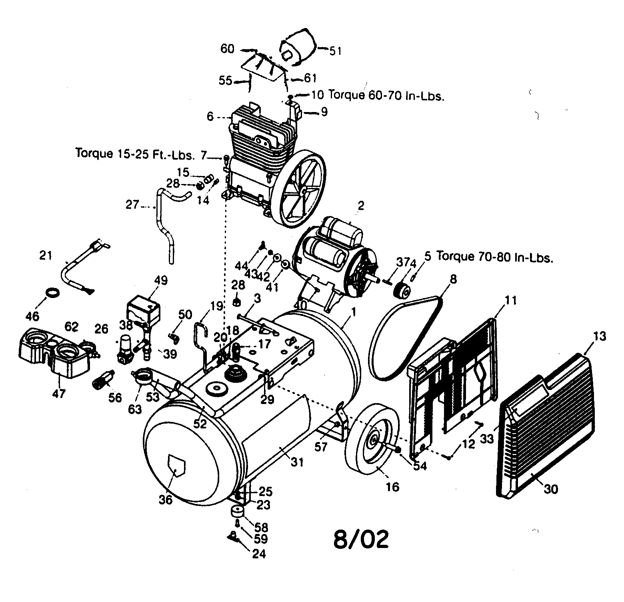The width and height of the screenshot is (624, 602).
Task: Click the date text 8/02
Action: pos(361,539)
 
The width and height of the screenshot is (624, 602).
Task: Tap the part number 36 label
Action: pos(166,499)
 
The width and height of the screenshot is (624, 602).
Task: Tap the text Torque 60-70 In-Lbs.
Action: pos(386,96)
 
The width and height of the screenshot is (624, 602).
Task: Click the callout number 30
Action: pos(551,488)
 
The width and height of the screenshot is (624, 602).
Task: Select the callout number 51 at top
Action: pos(336,51)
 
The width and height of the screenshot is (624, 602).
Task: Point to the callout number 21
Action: pos(46,255)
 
